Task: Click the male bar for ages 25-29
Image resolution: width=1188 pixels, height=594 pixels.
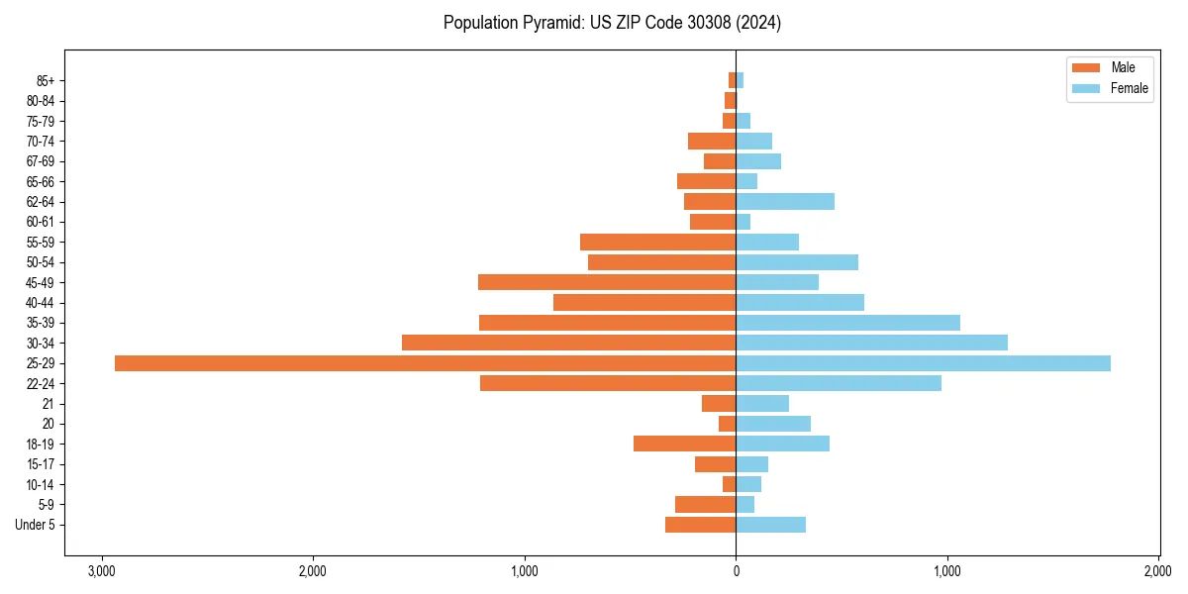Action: click(x=426, y=363)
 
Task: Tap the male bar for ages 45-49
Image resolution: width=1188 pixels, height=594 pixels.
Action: click(x=607, y=282)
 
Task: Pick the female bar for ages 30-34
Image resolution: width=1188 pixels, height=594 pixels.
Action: click(x=871, y=343)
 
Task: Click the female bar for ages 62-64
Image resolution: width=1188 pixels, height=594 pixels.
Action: click(x=785, y=202)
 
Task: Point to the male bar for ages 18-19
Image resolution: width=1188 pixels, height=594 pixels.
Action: click(x=685, y=444)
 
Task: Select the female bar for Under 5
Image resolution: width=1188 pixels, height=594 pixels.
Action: click(x=770, y=525)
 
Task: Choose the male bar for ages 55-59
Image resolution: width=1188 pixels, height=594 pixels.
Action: click(x=658, y=243)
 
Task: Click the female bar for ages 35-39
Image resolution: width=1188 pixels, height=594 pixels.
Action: click(x=847, y=323)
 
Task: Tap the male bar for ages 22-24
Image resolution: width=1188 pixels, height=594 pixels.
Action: click(x=608, y=383)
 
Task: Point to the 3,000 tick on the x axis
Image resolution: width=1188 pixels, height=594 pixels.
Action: click(x=101, y=571)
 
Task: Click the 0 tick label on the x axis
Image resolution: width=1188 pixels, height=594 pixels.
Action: click(x=736, y=571)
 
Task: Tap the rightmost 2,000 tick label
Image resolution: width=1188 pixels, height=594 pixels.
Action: click(x=1158, y=571)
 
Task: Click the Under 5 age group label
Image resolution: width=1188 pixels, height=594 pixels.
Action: click(x=36, y=525)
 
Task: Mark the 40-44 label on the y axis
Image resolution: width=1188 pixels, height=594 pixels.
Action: click(x=41, y=303)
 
